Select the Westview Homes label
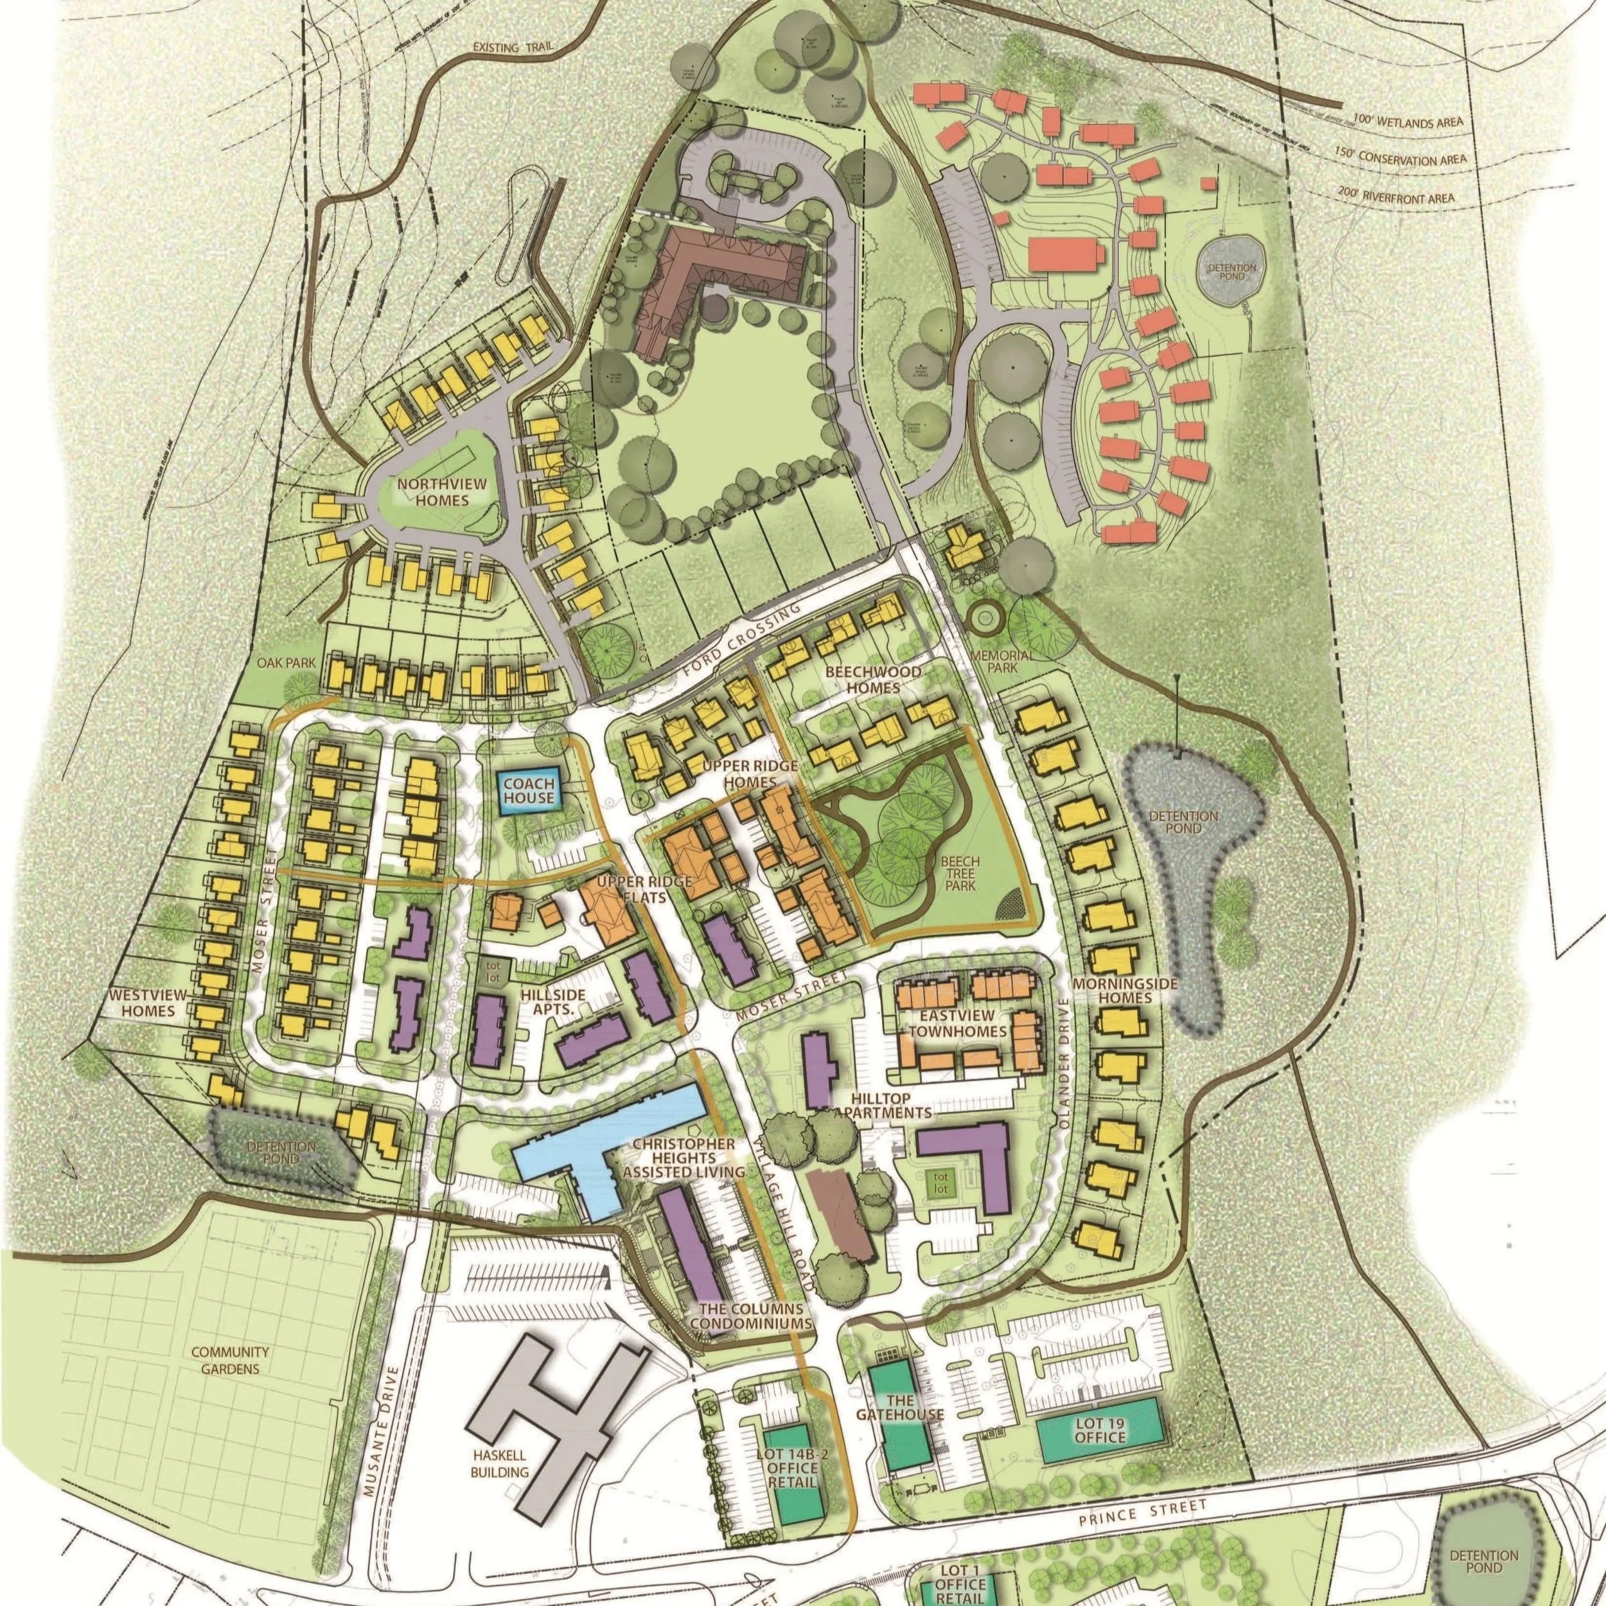point(145,1003)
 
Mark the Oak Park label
point(279,664)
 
